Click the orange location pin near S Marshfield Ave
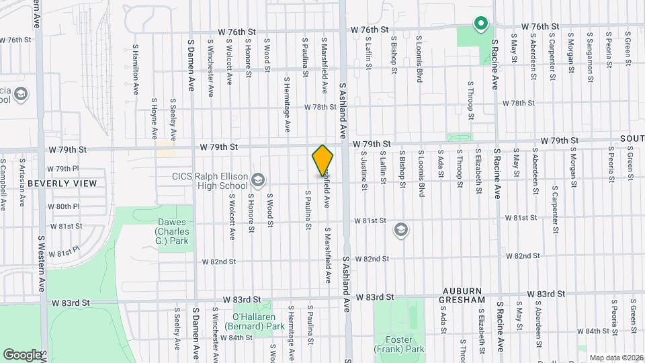click(323, 161)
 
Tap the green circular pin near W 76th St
click(480, 25)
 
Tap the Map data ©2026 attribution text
click(615, 358)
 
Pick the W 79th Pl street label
click(64, 169)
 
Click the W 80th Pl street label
click(64, 206)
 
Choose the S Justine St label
click(363, 174)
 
